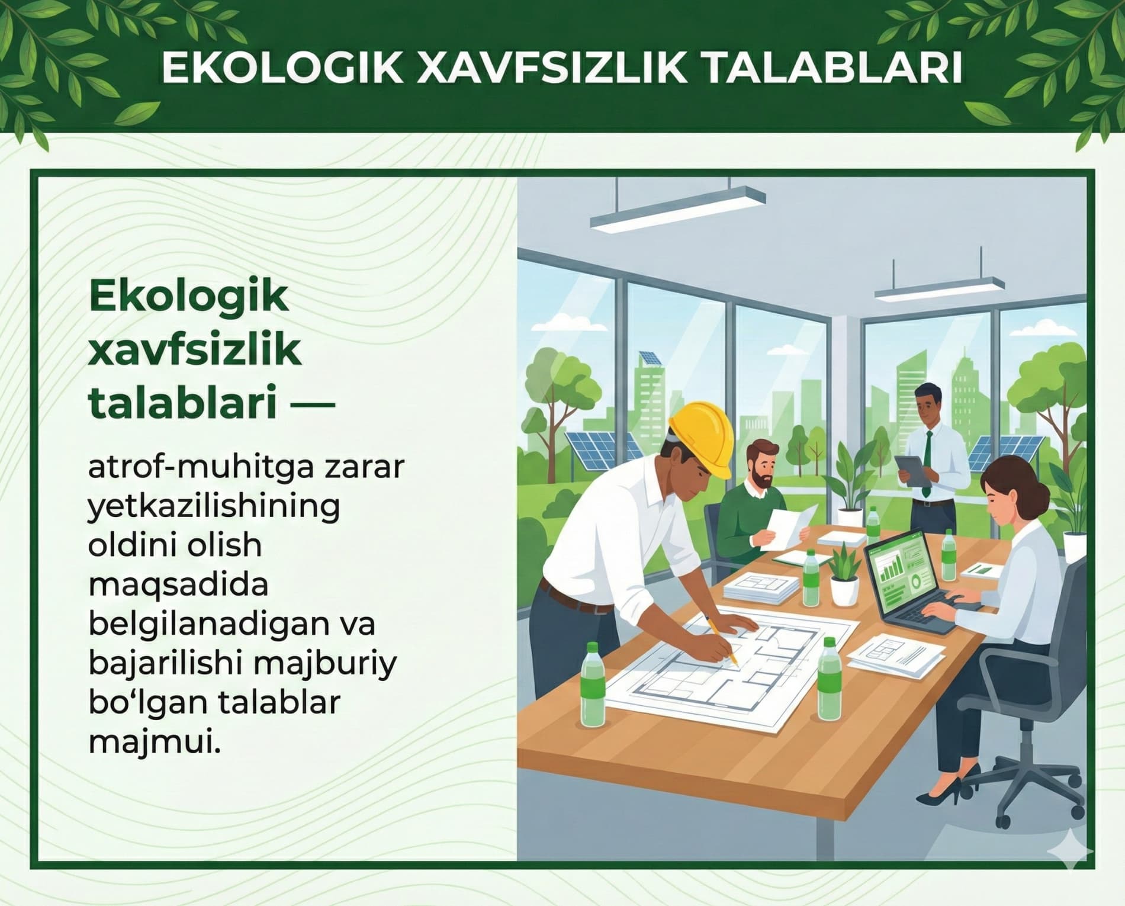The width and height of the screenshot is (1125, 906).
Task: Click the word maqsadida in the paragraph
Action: pos(178,585)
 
